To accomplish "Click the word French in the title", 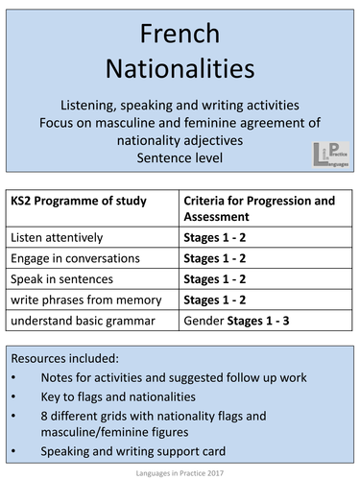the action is (x=180, y=36).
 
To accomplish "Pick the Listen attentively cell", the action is (x=58, y=235).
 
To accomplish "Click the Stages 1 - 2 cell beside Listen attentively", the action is (x=218, y=235).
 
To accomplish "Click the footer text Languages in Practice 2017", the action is (x=180, y=472).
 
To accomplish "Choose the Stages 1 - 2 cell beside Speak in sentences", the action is (x=218, y=278).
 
